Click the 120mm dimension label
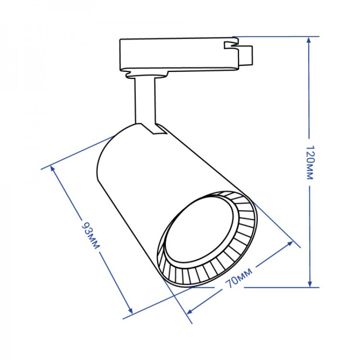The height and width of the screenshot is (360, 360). tap(309, 162)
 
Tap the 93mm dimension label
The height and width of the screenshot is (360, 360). tap(90, 234)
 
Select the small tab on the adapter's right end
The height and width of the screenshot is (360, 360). tap(246, 54)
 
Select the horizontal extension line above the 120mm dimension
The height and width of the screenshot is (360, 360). tap(274, 36)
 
